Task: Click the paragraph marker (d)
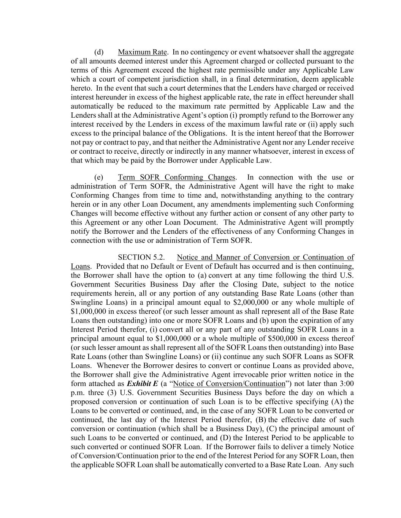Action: coord(99,52)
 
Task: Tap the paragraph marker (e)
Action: coord(99,177)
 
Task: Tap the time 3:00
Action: coord(346,384)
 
